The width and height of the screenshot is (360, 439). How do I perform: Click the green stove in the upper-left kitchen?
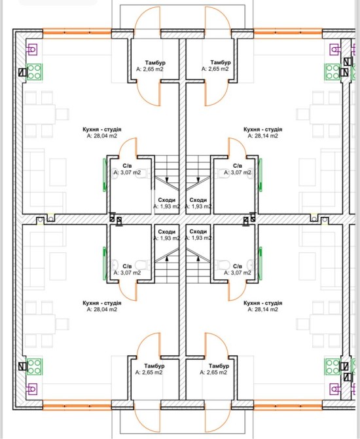pos(34,72)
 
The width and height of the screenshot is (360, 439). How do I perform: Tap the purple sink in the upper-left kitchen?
pos(32,50)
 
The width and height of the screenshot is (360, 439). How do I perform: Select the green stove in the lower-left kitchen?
pos(34,367)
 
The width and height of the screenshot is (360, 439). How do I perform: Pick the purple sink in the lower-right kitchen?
pos(335,389)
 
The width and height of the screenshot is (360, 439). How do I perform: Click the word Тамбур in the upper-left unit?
pos(155,63)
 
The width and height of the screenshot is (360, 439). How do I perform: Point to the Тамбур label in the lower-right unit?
pos(219,366)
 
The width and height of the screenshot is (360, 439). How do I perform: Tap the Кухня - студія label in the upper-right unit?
pos(263,129)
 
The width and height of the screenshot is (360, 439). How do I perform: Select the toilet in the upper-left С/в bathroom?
pos(143,173)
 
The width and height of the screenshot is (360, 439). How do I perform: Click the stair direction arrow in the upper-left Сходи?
pos(167,179)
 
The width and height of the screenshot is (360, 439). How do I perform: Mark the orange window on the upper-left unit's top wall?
pos(77,33)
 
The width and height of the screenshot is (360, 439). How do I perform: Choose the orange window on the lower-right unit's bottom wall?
pos(288,405)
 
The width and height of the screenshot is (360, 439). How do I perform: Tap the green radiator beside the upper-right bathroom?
pos(261,175)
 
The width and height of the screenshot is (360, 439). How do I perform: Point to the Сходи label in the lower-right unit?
pos(198,231)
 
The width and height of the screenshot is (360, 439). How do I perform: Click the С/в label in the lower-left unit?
pos(127,266)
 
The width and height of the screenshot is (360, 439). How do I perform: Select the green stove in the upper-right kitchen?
pos(333,72)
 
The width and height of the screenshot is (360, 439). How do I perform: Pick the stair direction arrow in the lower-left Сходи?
pos(167,258)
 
